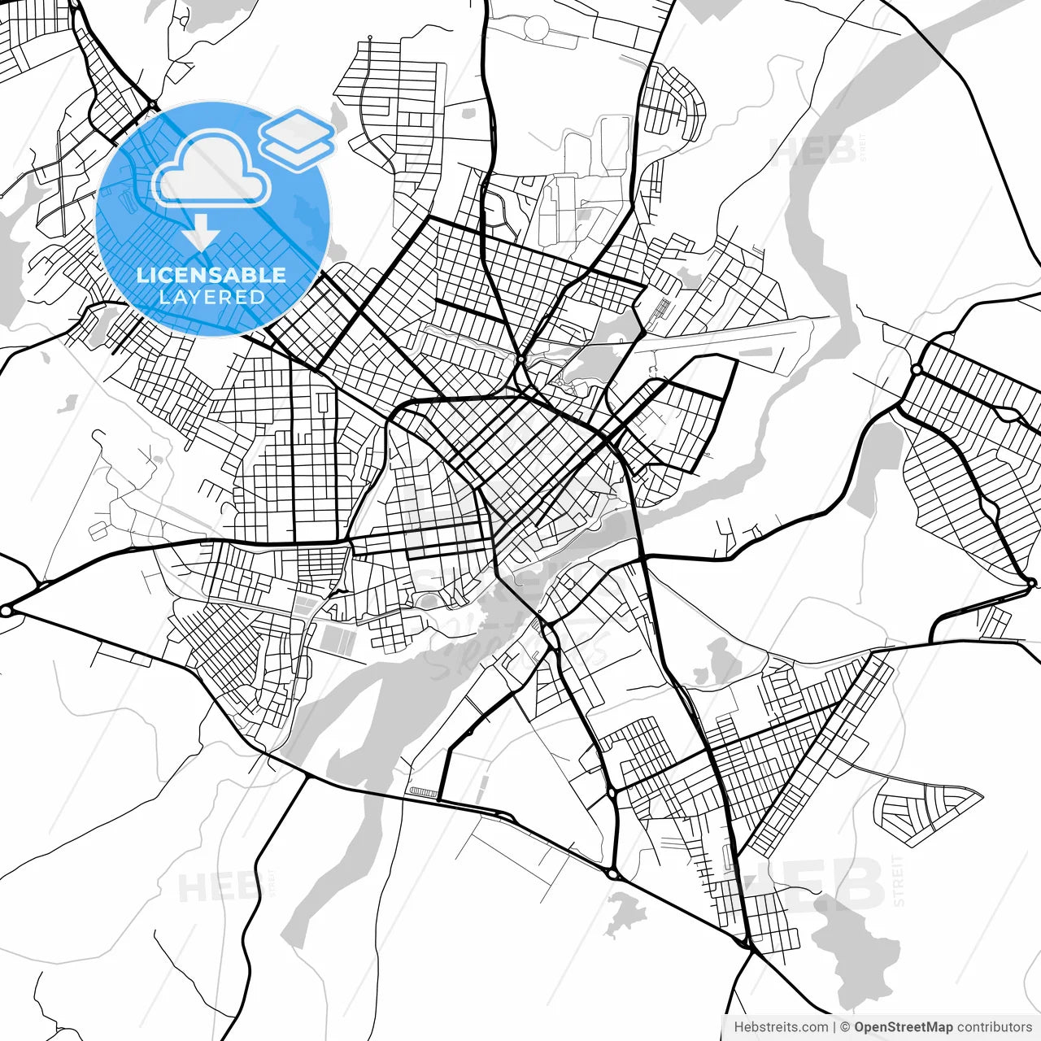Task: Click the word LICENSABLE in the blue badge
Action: pyautogui.click(x=211, y=275)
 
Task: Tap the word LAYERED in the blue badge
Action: pyautogui.click(x=211, y=297)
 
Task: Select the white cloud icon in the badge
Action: pyautogui.click(x=212, y=169)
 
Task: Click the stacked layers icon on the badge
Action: pyautogui.click(x=297, y=138)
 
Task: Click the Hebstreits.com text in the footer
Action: pyautogui.click(x=781, y=1027)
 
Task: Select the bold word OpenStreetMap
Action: pyautogui.click(x=903, y=1027)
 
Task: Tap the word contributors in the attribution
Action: pyautogui.click(x=994, y=1027)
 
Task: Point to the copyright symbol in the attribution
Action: pyautogui.click(x=845, y=1027)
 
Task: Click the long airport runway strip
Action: pyautogui.click(x=724, y=337)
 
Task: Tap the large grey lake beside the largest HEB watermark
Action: pyautogui.click(x=854, y=943)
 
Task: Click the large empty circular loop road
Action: pyautogui.click(x=537, y=29)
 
